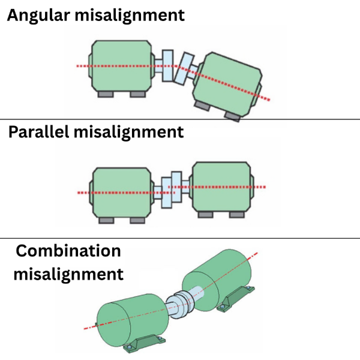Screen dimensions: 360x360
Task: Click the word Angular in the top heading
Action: click(x=38, y=16)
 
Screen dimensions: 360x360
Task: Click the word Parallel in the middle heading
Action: click(x=38, y=132)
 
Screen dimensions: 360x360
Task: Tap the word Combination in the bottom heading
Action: click(x=68, y=251)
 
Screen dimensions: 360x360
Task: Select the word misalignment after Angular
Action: click(x=130, y=16)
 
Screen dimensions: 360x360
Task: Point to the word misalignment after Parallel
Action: click(x=128, y=133)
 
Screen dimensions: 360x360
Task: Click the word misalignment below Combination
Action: click(x=68, y=274)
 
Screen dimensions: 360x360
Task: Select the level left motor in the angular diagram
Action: click(x=121, y=66)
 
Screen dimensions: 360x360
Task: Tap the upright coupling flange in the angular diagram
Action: click(x=167, y=65)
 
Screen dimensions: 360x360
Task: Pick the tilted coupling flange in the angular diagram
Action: click(x=185, y=69)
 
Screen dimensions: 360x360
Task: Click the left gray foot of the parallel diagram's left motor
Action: click(x=106, y=220)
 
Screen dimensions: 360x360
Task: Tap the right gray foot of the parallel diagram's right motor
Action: click(x=237, y=215)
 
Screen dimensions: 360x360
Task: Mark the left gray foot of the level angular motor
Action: click(x=106, y=94)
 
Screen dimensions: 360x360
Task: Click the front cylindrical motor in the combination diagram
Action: click(x=133, y=320)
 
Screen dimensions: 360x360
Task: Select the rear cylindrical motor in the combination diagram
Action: click(x=217, y=279)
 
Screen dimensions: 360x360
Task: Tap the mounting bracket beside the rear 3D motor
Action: click(x=236, y=298)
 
